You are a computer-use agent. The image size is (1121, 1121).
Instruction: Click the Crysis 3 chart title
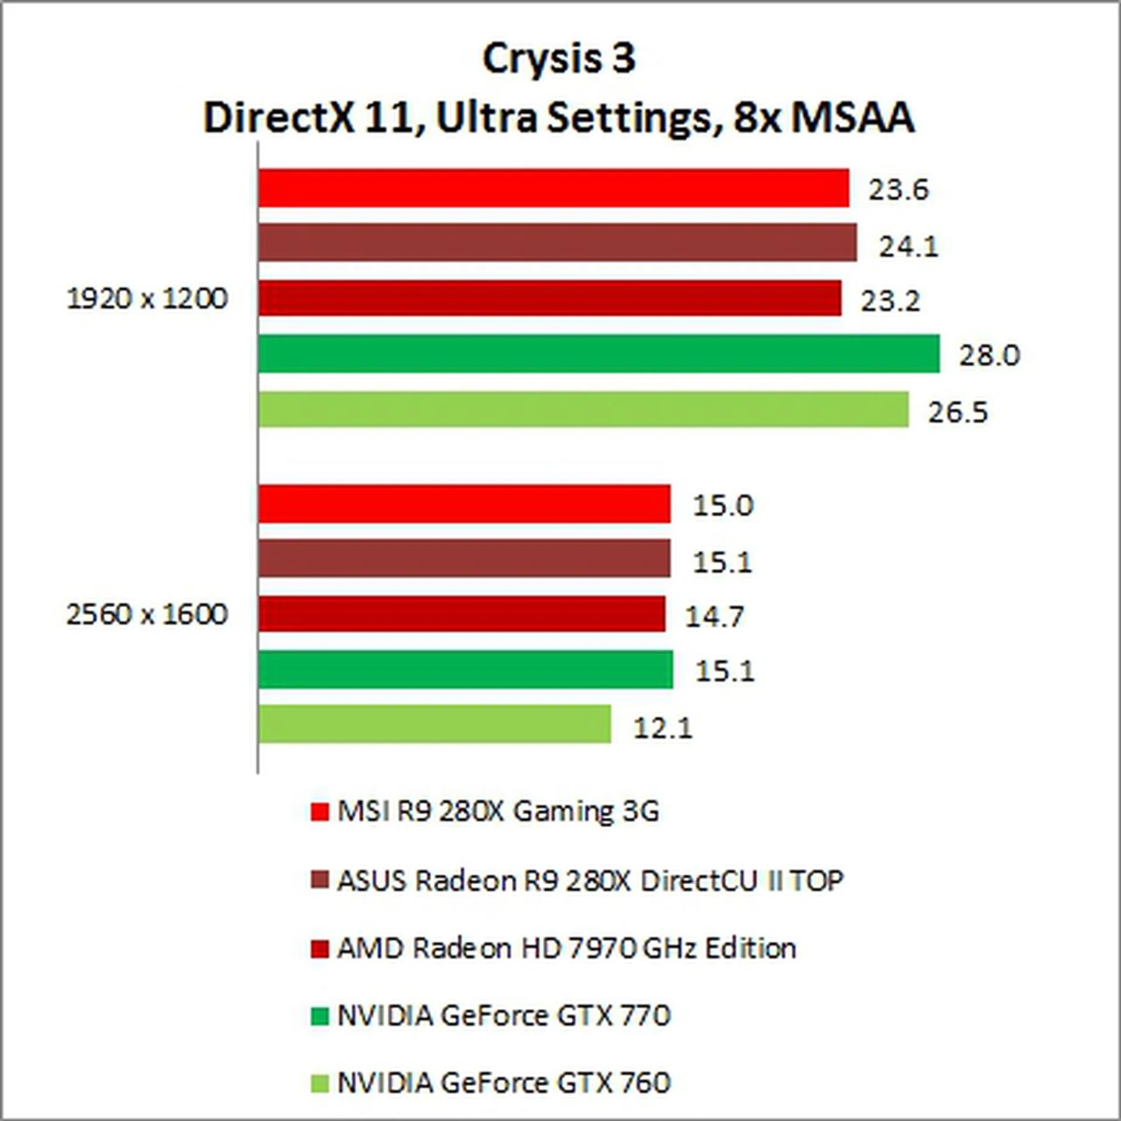pos(559,59)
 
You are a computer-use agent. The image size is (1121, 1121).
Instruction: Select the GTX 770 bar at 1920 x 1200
pos(599,354)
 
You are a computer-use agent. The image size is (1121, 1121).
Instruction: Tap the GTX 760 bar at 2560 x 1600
pos(435,724)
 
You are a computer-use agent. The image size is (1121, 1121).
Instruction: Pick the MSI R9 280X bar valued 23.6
pos(553,188)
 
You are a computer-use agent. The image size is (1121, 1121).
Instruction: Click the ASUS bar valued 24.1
pos(558,242)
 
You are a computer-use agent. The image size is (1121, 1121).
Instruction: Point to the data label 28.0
pos(989,355)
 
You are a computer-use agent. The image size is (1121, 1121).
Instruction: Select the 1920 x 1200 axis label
pos(147,299)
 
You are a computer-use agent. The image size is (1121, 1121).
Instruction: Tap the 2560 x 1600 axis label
pos(147,614)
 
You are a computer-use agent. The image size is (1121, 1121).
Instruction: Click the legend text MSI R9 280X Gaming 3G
pos(498,812)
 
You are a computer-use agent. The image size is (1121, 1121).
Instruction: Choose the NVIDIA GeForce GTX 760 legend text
pos(504,1083)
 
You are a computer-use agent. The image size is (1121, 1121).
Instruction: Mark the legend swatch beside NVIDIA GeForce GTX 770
pos(319,1016)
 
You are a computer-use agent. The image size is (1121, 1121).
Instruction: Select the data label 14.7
pos(713,616)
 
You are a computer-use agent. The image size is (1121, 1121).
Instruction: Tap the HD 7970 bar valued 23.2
pos(550,298)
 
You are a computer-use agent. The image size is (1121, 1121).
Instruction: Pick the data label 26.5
pos(958,412)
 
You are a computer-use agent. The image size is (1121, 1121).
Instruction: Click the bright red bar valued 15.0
pos(464,504)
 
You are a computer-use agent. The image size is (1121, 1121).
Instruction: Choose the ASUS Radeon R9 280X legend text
pos(590,880)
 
